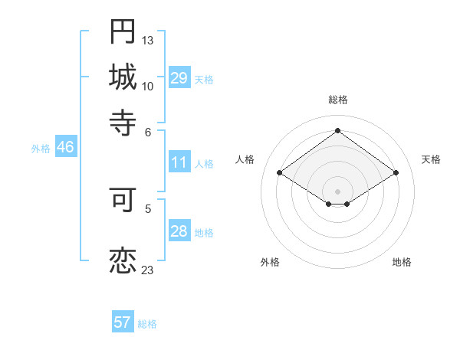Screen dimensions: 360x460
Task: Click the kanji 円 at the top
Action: click(x=123, y=31)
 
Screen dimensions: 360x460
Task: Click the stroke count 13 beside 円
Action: click(x=148, y=40)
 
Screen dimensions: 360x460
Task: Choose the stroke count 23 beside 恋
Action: click(x=148, y=270)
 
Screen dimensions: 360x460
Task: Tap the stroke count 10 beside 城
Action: click(x=148, y=86)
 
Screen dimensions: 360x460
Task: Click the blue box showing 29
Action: click(x=179, y=78)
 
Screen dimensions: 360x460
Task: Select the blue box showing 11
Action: click(x=179, y=162)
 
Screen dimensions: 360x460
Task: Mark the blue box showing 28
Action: click(x=179, y=231)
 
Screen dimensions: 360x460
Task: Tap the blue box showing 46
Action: click(x=65, y=147)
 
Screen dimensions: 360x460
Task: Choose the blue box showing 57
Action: click(x=123, y=322)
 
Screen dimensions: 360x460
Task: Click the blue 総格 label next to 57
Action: click(x=147, y=324)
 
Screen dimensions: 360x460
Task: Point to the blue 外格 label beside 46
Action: click(x=41, y=149)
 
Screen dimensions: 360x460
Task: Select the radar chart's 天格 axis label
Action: click(x=431, y=159)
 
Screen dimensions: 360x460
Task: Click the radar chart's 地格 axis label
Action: click(x=402, y=262)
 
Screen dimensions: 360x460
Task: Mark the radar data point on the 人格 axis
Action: click(x=280, y=173)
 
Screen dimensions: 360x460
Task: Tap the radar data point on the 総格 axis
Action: click(x=337, y=130)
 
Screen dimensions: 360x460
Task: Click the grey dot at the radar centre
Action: click(x=337, y=191)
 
